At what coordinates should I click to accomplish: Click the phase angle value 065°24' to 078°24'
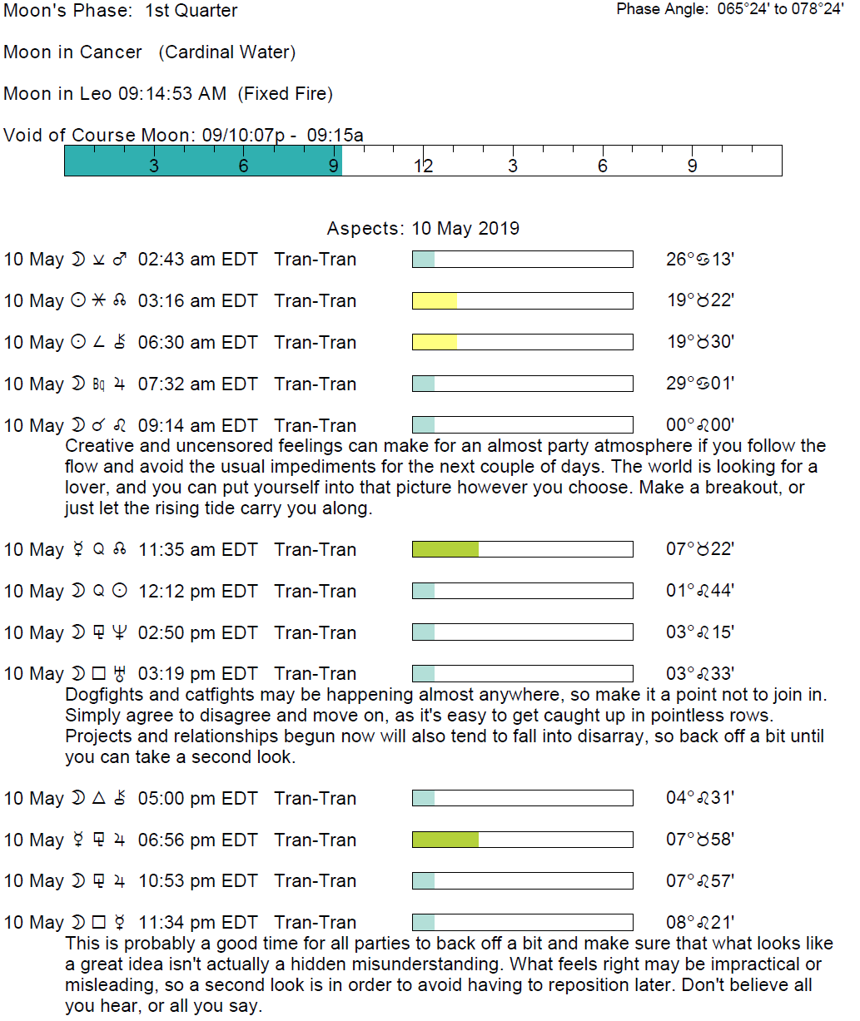[x=780, y=9]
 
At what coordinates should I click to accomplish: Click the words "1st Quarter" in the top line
[x=191, y=11]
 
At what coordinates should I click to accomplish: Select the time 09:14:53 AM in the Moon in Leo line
[x=172, y=93]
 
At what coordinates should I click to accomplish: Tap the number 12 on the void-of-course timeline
[x=423, y=166]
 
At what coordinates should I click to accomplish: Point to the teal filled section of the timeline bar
[x=202, y=161]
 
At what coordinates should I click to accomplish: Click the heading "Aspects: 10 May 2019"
[x=423, y=229]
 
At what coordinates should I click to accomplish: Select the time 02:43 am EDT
[x=197, y=260]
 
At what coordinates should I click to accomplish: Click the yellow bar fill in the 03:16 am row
[x=435, y=300]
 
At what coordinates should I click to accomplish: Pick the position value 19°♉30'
[x=699, y=342]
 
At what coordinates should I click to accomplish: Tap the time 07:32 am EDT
[x=197, y=384]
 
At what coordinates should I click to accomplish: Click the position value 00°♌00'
[x=699, y=425]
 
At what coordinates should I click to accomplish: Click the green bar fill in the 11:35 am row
[x=445, y=549]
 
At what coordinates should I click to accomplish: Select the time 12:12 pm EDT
[x=197, y=591]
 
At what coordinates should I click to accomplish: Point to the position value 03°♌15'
[x=699, y=632]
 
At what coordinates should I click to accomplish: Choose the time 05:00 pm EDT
[x=197, y=798]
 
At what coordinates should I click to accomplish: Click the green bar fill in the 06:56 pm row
[x=445, y=840]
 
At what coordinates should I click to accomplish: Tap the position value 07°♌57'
[x=699, y=881]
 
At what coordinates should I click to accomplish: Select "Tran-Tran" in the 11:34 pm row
[x=315, y=923]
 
